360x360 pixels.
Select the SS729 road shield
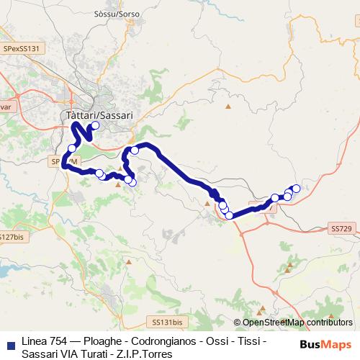(x=341, y=228)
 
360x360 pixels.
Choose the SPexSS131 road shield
(x=23, y=48)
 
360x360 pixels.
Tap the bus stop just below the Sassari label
(x=95, y=125)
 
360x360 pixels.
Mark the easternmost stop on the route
(x=296, y=189)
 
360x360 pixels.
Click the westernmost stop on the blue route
(x=71, y=148)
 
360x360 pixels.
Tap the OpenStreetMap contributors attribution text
(x=297, y=323)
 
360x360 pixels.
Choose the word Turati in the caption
(x=93, y=354)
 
